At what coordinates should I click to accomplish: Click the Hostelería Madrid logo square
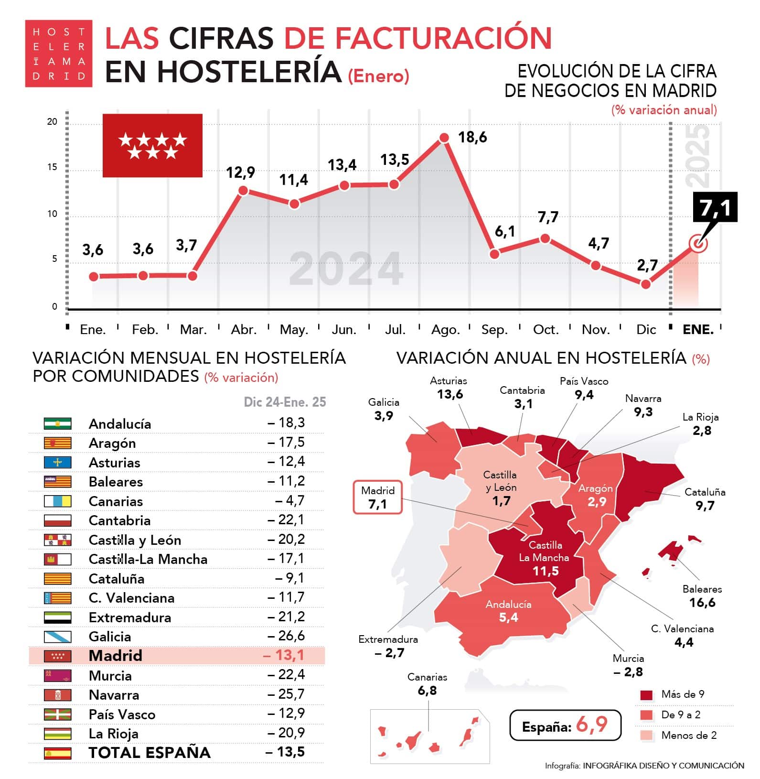click(x=58, y=54)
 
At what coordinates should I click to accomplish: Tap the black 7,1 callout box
click(x=715, y=207)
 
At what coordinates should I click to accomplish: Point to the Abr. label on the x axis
click(x=244, y=330)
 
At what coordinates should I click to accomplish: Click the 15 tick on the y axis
click(x=52, y=167)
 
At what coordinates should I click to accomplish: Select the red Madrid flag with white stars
click(x=152, y=145)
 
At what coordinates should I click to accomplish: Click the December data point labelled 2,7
click(x=645, y=284)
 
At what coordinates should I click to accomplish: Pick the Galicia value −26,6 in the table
click(x=286, y=636)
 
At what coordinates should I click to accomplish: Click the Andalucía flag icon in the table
click(x=57, y=423)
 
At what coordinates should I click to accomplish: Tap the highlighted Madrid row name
click(x=116, y=655)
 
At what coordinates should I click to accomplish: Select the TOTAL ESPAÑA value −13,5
click(x=285, y=752)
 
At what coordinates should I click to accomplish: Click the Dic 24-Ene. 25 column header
click(x=285, y=402)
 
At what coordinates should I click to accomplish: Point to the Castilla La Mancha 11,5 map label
click(x=545, y=558)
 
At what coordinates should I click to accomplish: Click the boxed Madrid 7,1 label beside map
click(x=377, y=498)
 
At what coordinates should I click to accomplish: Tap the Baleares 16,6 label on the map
click(x=702, y=596)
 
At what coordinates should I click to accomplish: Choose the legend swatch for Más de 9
click(x=646, y=695)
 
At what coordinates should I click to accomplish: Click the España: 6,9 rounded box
click(x=565, y=725)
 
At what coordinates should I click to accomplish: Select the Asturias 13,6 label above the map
click(x=449, y=388)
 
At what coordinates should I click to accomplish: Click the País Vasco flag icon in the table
click(x=57, y=714)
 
